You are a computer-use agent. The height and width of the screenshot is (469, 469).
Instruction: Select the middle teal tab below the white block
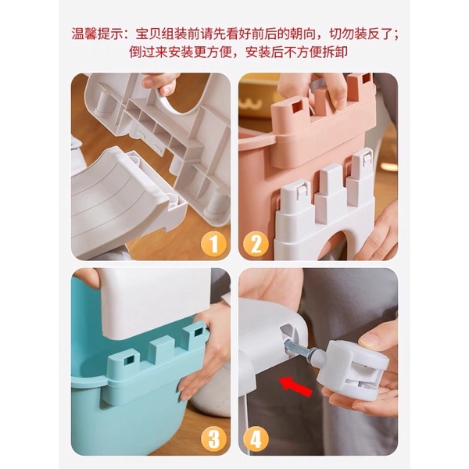[x=159, y=353]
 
